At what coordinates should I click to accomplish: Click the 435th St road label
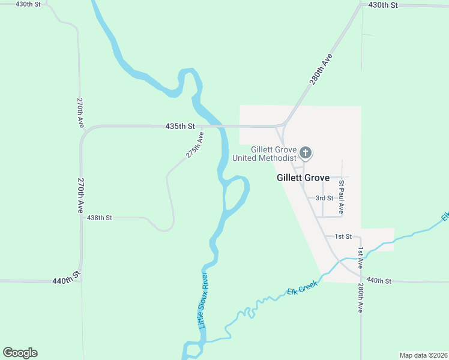(x=181, y=127)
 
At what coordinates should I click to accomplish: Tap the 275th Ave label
(x=194, y=145)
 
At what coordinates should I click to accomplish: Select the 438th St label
(x=100, y=218)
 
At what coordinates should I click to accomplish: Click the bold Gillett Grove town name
(x=303, y=178)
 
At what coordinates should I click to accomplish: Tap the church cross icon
(x=306, y=152)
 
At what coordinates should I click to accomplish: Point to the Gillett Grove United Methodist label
(x=274, y=154)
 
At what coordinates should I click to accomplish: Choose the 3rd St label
(x=325, y=198)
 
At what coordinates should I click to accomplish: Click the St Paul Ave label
(x=341, y=197)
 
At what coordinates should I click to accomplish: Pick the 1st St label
(x=343, y=237)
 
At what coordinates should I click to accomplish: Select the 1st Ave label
(x=361, y=257)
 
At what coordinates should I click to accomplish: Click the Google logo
(x=20, y=353)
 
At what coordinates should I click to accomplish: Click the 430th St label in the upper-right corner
(x=384, y=5)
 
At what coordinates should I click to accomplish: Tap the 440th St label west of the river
(x=66, y=280)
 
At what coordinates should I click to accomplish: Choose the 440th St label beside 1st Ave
(x=379, y=280)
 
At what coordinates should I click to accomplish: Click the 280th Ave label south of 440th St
(x=361, y=298)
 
